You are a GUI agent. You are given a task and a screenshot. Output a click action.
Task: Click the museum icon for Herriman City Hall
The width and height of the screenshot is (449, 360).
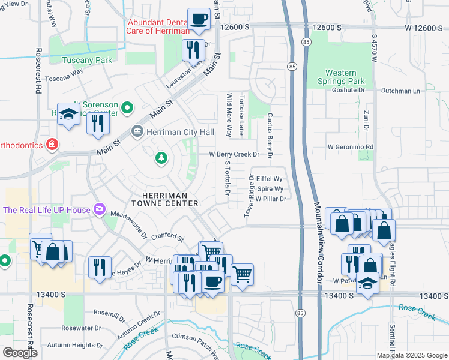tap(137, 131)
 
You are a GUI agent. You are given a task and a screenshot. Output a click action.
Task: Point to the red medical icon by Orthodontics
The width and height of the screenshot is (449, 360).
tap(52, 145)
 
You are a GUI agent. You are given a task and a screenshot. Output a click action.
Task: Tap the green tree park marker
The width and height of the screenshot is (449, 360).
tap(161, 158)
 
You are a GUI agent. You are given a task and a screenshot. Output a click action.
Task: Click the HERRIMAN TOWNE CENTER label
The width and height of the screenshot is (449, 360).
tap(170, 200)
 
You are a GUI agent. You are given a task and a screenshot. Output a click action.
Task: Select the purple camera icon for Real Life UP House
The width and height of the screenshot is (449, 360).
tap(99, 209)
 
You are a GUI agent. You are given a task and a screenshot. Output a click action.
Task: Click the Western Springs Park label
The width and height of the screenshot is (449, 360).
tap(341, 77)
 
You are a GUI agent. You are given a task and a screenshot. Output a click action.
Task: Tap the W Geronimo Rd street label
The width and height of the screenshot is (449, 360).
tap(351, 146)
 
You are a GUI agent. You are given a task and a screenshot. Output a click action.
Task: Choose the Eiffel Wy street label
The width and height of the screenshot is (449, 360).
tap(269, 179)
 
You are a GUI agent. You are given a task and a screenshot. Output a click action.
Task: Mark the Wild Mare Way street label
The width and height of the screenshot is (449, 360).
tap(229, 114)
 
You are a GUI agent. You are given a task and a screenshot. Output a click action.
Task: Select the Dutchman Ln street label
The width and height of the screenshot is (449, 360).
tap(400, 91)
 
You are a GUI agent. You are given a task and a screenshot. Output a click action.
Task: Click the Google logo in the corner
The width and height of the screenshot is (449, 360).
tap(20, 352)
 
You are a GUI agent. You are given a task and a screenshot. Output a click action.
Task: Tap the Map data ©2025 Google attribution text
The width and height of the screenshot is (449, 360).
tap(411, 355)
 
